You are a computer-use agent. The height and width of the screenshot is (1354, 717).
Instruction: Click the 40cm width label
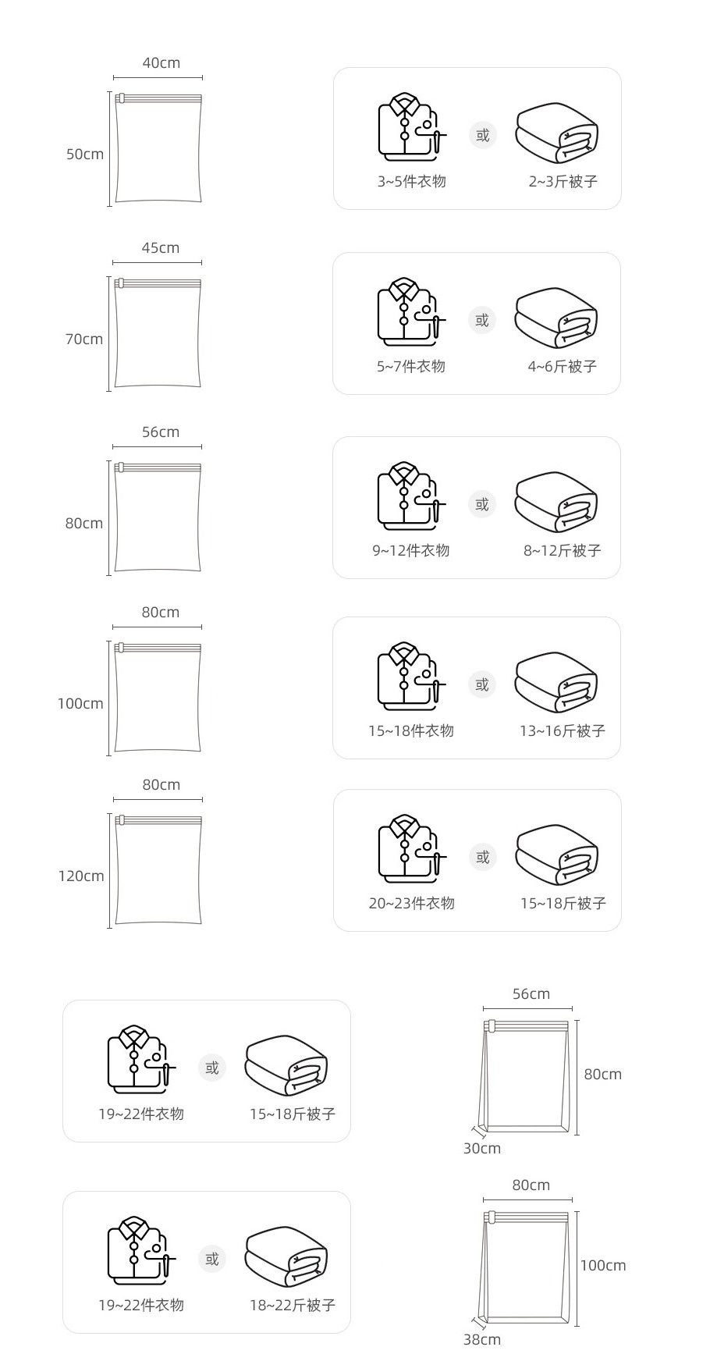click(161, 63)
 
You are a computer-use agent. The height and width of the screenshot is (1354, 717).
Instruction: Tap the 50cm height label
click(84, 155)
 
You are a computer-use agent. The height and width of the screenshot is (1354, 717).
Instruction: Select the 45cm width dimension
click(160, 248)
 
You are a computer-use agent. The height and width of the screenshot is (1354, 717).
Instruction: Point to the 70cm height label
click(83, 339)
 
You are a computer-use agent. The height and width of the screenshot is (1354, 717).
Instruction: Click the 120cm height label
click(81, 876)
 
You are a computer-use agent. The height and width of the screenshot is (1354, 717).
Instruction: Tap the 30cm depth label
click(482, 1148)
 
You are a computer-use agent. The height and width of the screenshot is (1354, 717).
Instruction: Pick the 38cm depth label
click(482, 1339)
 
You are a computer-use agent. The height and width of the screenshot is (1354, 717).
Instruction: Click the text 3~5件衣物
click(412, 182)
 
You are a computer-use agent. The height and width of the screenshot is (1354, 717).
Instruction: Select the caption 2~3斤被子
click(563, 182)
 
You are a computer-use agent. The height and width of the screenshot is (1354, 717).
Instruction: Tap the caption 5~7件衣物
click(411, 367)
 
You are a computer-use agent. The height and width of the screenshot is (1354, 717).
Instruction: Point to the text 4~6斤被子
click(563, 367)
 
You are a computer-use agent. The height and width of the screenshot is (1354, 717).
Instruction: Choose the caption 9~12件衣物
click(411, 551)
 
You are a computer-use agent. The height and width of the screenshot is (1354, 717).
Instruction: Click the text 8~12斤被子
click(563, 551)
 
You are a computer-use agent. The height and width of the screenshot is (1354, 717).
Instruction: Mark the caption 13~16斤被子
click(563, 731)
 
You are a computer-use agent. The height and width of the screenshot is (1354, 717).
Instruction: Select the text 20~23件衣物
click(411, 904)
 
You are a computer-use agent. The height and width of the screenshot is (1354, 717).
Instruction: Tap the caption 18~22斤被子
click(293, 1305)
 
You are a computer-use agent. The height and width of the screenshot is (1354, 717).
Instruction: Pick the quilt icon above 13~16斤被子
click(556, 683)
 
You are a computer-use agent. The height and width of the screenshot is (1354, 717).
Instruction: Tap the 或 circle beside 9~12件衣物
click(482, 504)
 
